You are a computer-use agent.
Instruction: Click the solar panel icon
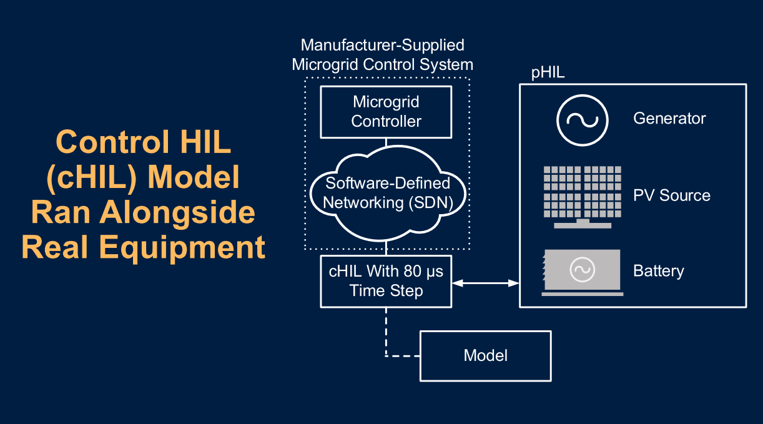583,197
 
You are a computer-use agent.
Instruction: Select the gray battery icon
583,272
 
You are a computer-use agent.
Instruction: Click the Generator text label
669,118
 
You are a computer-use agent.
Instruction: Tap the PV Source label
672,195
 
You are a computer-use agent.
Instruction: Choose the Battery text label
659,271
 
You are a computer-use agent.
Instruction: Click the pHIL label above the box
548,72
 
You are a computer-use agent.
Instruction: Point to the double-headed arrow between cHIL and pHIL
486,283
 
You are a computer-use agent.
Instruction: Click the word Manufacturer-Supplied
383,45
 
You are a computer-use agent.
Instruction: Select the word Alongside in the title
177,213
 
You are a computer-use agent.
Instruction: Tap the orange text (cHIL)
92,177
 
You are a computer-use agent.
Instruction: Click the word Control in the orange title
112,142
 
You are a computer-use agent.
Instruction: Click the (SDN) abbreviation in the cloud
431,203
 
